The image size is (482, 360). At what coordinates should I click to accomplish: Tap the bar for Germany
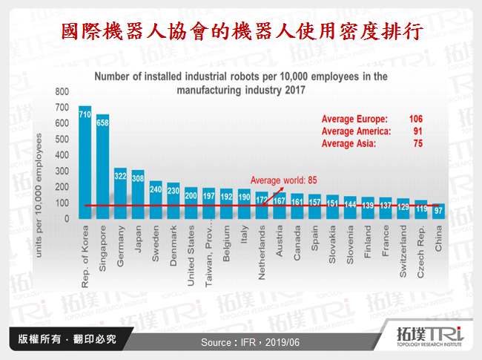tap(120, 193)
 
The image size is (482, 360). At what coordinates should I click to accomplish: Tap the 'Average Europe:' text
tap(354, 119)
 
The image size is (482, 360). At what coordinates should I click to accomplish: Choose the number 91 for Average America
tap(417, 131)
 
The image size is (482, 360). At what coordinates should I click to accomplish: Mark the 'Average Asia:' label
tap(349, 144)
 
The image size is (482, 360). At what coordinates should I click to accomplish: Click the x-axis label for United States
tap(191, 249)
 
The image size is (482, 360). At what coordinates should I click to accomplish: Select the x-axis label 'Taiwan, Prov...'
tap(209, 252)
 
